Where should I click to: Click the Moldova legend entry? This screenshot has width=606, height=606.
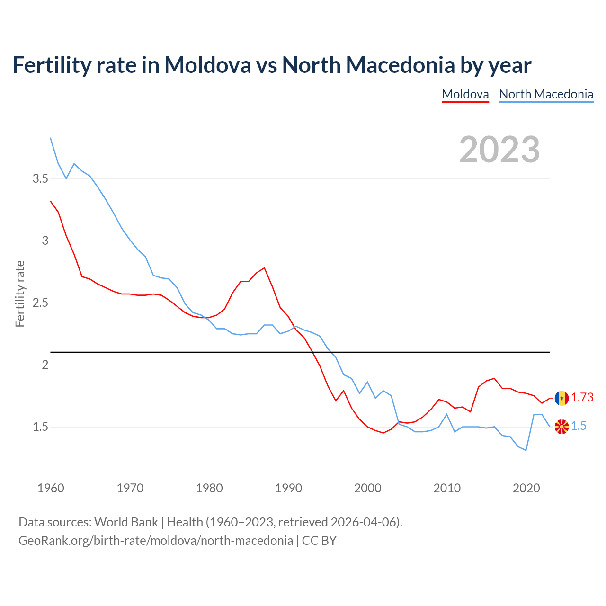coord(465,94)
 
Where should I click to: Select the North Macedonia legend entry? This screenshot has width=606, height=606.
coord(546,94)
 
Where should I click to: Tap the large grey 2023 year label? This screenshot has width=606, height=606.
coord(499,150)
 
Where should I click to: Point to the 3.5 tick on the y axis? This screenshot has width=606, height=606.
coord(40,179)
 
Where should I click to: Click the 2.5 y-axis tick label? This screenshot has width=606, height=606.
coord(40,303)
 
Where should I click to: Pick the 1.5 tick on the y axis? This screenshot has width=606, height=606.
coord(40,427)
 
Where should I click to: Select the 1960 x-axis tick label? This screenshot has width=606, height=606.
coord(51,488)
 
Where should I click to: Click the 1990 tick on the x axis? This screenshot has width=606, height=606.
coord(288,488)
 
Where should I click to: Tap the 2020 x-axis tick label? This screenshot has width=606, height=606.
coord(526,488)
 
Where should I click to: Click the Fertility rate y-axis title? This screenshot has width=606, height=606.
coord(20,294)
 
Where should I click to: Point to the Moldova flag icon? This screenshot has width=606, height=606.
coord(561,398)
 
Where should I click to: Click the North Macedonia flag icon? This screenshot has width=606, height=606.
coord(561,427)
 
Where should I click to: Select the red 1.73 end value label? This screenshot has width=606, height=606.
coord(582,398)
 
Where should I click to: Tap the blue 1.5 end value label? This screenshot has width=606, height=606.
coord(579,426)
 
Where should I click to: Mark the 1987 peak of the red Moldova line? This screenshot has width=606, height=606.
coord(264,268)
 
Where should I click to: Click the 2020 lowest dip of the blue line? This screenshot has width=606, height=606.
coord(526,450)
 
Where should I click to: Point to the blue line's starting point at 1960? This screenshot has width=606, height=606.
coord(51,138)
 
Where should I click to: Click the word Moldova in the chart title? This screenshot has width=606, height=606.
coord(207,65)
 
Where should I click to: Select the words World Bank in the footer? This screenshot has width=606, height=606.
coord(126,522)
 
